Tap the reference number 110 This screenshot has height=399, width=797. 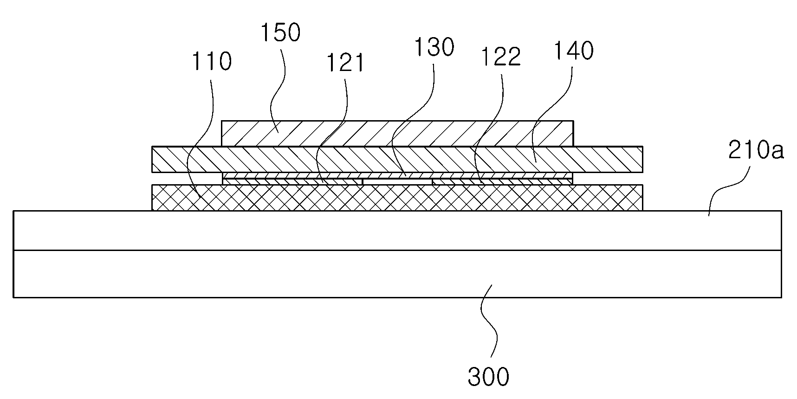click(x=211, y=61)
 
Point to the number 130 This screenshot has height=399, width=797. click(x=434, y=47)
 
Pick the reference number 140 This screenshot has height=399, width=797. click(x=573, y=51)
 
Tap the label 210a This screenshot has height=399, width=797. click(x=756, y=150)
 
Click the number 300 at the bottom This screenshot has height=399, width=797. click(x=488, y=377)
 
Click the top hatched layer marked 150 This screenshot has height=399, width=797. click(x=398, y=134)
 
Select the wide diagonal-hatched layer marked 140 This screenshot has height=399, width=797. click(x=397, y=160)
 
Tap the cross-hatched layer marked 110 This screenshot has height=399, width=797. click(x=397, y=198)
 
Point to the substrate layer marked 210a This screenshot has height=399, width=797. click(x=397, y=231)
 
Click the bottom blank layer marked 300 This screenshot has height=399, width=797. click(x=397, y=274)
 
